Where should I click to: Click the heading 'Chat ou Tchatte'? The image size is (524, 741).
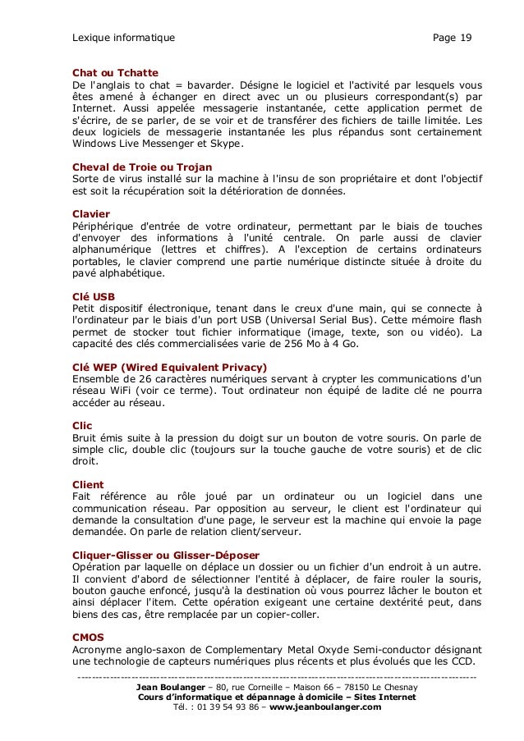pos(115,72)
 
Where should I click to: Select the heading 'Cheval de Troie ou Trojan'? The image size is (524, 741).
pos(142,167)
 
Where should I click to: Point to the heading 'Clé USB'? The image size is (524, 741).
pos(94,295)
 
